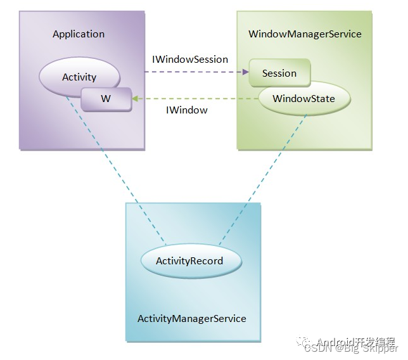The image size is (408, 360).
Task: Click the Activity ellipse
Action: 79,77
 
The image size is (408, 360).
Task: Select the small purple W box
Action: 106,100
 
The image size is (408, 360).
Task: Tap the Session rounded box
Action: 279,73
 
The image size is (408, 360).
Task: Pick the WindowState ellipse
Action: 303,99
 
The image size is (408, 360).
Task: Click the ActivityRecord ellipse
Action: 189,260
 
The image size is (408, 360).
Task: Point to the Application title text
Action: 79,34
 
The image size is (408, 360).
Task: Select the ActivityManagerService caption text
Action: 191,318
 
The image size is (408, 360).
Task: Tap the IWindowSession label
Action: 190,59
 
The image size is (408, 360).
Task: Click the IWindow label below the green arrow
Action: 186,110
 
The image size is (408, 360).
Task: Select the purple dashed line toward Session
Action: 190,72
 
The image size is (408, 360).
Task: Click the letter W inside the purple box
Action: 106,100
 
